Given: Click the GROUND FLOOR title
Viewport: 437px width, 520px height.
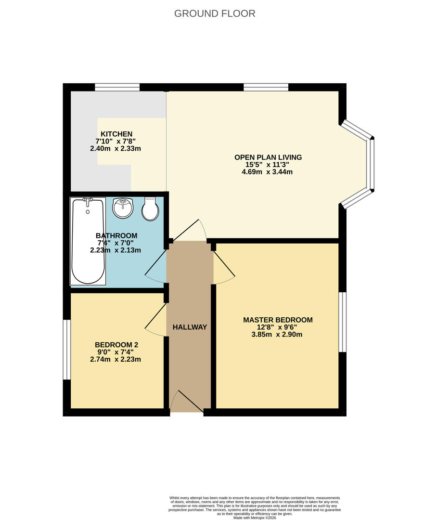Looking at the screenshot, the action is coord(215,13).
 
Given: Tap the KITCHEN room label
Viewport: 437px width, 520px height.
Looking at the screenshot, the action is coord(116,134).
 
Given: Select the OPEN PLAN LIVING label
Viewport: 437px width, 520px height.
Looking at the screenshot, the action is coord(268,157).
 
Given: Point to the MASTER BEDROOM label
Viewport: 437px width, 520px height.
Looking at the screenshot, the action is coord(278,320).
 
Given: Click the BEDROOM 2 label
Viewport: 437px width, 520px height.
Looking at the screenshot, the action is coord(116,345).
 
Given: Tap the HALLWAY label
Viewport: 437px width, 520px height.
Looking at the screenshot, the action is coord(190,327).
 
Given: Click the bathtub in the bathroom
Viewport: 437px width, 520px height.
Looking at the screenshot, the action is coord(88,241).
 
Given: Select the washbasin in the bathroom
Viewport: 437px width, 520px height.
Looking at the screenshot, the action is coord(123,208).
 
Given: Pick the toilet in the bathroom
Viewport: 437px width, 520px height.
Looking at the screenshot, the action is coord(150,209).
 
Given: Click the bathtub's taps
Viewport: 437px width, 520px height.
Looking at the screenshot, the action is coord(88,200).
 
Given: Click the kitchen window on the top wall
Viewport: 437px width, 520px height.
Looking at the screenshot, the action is coord(117,87).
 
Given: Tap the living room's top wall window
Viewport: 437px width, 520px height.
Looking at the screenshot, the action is coord(266,87).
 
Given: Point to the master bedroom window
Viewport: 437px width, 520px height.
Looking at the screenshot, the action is coord(343,322).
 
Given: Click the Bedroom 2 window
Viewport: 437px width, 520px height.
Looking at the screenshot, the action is coord(66,349).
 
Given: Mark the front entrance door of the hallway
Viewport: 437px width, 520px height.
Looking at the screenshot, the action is coord(186,402).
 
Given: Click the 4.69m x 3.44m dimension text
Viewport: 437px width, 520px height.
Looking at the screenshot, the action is coord(267,172).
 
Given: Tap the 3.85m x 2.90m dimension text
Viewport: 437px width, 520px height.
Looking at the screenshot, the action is coord(277,334).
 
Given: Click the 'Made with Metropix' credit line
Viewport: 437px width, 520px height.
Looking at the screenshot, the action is coord(255,517).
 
